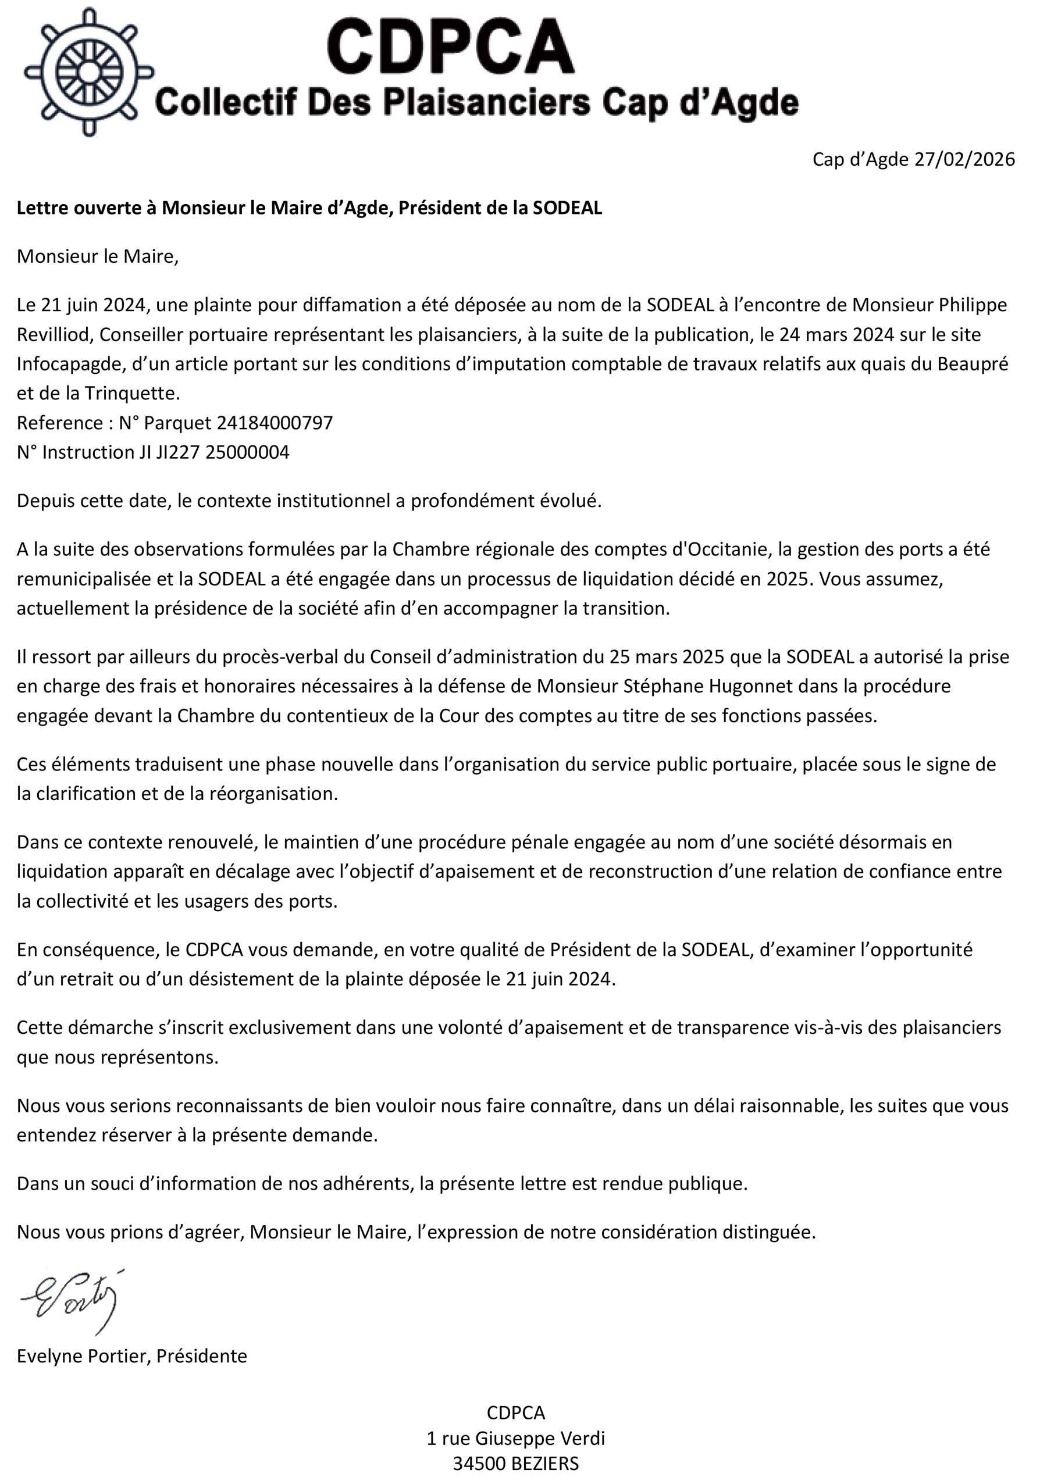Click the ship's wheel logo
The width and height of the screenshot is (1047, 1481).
[88, 72]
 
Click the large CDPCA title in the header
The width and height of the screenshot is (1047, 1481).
[450, 47]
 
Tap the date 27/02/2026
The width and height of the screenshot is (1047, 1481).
[964, 159]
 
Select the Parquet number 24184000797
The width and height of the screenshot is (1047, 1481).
[275, 423]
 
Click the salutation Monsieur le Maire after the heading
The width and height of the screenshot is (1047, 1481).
[97, 257]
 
